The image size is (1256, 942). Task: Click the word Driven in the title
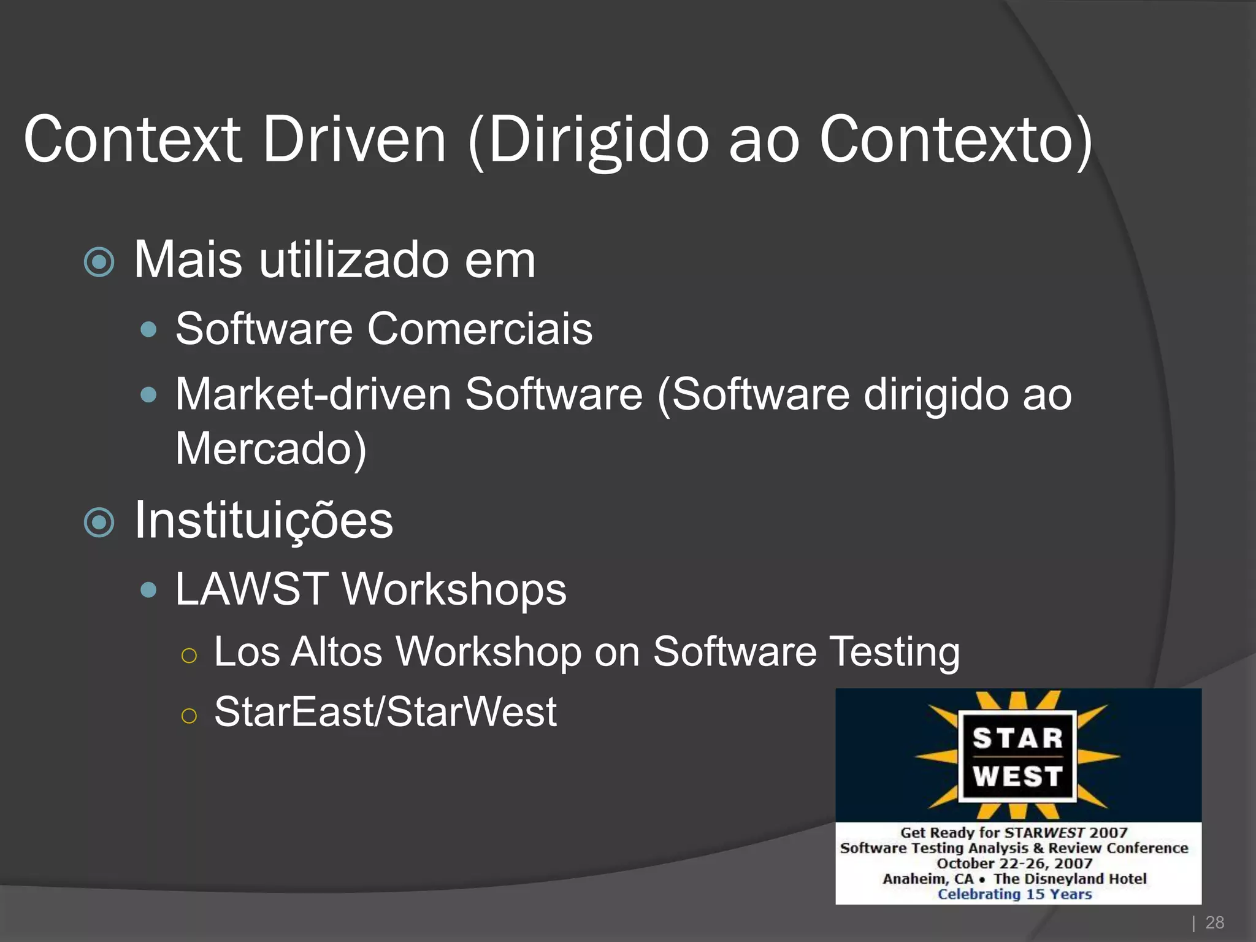pos(354,140)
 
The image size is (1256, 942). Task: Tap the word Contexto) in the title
pos(955,140)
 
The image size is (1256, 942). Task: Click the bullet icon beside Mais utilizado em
pos(99,262)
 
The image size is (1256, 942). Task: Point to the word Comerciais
pos(480,329)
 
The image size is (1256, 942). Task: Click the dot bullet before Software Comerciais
pos(148,330)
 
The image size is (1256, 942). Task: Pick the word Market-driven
pos(313,394)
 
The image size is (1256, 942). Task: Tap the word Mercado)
pos(271,449)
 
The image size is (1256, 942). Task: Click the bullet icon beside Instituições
pos(99,523)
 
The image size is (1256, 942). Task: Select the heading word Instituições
pos(264,520)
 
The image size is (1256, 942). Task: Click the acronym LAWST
pos(251,589)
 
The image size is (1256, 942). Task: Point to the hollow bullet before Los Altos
pos(190,656)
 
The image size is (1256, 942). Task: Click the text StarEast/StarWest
pos(385,712)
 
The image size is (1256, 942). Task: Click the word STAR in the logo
pos(1017,738)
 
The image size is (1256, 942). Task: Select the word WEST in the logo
pos(1017,776)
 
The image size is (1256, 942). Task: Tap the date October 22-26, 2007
pos(1014,863)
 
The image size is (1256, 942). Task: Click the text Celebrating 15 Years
pos(1014,894)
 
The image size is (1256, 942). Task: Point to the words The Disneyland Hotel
pos(1070,879)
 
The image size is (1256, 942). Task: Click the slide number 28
pos(1214,922)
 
